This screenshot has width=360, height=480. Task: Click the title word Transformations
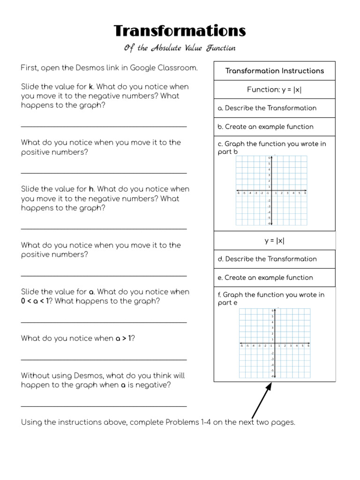click(180, 31)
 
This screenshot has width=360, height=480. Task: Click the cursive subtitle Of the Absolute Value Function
click(180, 48)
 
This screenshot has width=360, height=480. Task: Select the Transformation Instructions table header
click(274, 71)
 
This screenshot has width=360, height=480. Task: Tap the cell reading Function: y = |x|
click(274, 90)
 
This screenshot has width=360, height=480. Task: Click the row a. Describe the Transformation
click(267, 108)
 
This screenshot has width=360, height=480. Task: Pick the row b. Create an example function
click(265, 127)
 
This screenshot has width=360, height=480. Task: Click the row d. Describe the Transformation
click(267, 259)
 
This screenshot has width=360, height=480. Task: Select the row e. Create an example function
click(265, 278)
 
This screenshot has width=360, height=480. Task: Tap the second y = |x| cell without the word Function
click(274, 241)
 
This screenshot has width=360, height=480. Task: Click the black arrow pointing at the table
click(262, 401)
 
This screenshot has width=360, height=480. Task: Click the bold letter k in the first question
click(91, 87)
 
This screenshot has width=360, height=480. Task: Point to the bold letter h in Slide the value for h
click(91, 189)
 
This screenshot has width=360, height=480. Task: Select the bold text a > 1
click(124, 338)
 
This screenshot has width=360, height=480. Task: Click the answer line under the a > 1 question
click(104, 360)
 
